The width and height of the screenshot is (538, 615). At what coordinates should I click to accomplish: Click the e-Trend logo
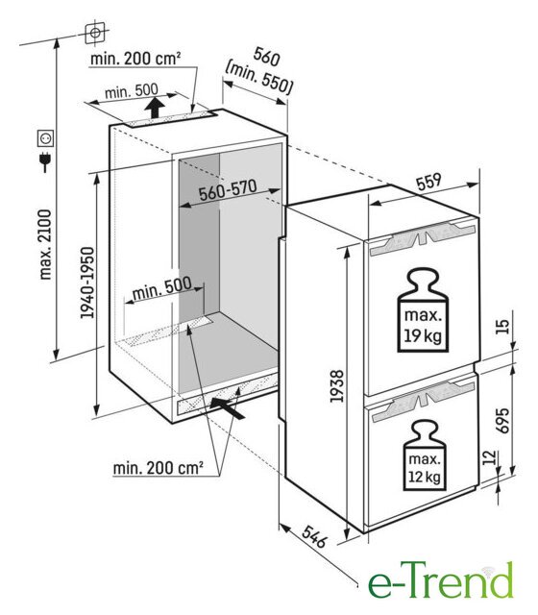pyautogui.click(x=440, y=580)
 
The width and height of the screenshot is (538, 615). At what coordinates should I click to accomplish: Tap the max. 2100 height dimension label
pyautogui.click(x=45, y=244)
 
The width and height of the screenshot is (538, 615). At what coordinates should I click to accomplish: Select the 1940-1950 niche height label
pyautogui.click(x=87, y=283)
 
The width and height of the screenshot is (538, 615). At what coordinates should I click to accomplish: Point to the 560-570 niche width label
pyautogui.click(x=228, y=190)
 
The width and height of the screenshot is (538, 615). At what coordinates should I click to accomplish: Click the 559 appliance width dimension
pyautogui.click(x=428, y=182)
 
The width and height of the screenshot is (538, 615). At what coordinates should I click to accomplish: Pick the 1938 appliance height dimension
pyautogui.click(x=336, y=386)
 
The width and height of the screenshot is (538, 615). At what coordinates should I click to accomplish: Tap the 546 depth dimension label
pyautogui.click(x=314, y=536)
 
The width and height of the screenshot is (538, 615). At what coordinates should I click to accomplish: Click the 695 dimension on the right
pyautogui.click(x=502, y=421)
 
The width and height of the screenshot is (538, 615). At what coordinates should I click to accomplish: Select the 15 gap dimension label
pyautogui.click(x=502, y=327)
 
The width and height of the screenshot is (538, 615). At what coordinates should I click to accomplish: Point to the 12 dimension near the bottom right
pyautogui.click(x=489, y=457)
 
